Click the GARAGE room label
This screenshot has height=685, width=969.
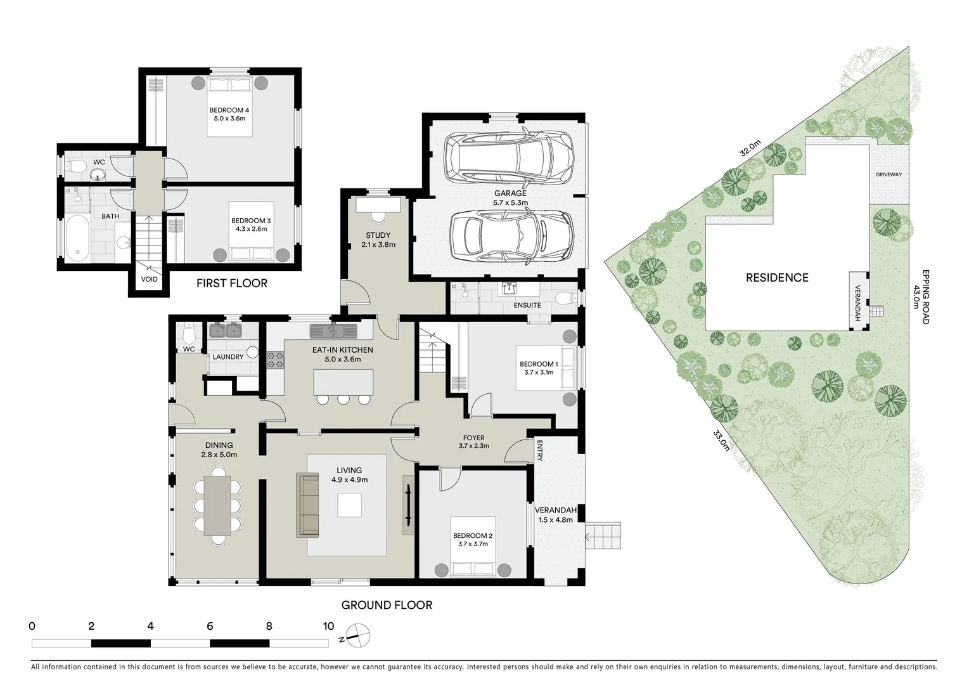pos(510,193)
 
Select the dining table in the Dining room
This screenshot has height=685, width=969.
pos(218,505)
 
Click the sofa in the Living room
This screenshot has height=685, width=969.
pos(309,505)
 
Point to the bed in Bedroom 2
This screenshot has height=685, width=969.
pos(473,557)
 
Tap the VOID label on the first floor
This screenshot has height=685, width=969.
pos(149,279)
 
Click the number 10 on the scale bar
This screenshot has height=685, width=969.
pos(328,627)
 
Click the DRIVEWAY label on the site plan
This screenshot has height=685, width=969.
pos(889,174)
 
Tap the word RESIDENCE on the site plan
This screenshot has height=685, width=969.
pos(777,278)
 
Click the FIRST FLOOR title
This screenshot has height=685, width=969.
pos(231,284)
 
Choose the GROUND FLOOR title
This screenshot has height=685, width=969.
pos(387,605)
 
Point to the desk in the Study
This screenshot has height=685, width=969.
pos(378,205)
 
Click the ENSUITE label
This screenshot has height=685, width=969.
pos(527,305)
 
